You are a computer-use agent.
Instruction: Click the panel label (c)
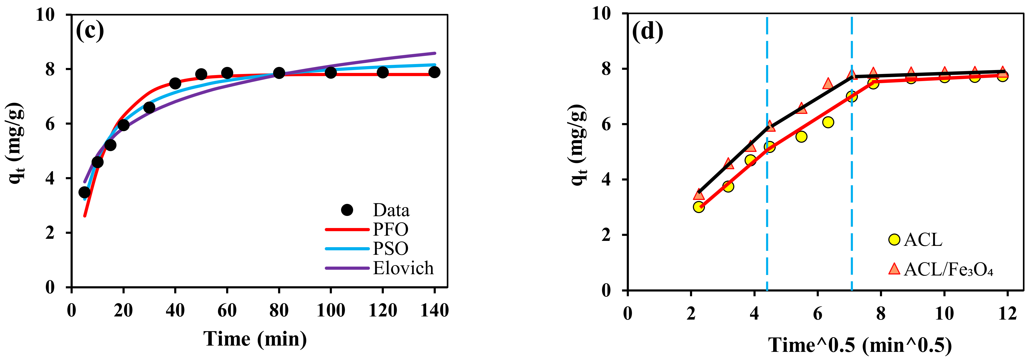pos(90,31)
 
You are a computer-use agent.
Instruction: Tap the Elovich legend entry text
pos(403,268)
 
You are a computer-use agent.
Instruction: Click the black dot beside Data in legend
pos(347,210)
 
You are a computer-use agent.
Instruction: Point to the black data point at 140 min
pos(434,72)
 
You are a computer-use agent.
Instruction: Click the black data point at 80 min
pos(279,73)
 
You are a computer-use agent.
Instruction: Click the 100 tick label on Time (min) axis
pos(331,310)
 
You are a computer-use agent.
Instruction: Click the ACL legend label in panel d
pos(923,240)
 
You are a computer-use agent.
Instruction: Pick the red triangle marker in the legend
pos(894,269)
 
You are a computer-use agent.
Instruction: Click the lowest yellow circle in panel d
pos(699,207)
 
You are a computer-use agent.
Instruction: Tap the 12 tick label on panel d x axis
pos(1007,313)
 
